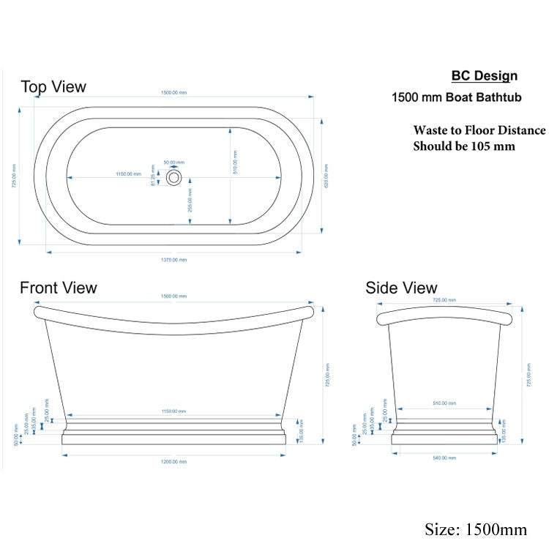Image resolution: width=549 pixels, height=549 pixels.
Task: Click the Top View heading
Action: point(53,87)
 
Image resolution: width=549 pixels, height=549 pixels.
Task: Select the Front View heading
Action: point(59,288)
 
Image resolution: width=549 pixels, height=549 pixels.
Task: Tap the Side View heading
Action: point(401,288)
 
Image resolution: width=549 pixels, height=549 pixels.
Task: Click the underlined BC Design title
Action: point(484,76)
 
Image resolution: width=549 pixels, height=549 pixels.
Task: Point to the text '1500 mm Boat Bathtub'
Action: point(455,97)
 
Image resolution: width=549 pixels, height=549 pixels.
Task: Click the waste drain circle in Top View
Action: point(174,177)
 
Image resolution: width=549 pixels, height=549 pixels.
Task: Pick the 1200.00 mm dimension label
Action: point(174,461)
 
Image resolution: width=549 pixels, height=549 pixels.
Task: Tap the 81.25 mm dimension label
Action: point(154,179)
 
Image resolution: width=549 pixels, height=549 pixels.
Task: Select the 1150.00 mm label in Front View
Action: point(174,412)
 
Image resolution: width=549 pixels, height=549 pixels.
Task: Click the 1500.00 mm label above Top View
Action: point(174,93)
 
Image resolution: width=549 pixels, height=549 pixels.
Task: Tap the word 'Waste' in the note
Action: point(430,131)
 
